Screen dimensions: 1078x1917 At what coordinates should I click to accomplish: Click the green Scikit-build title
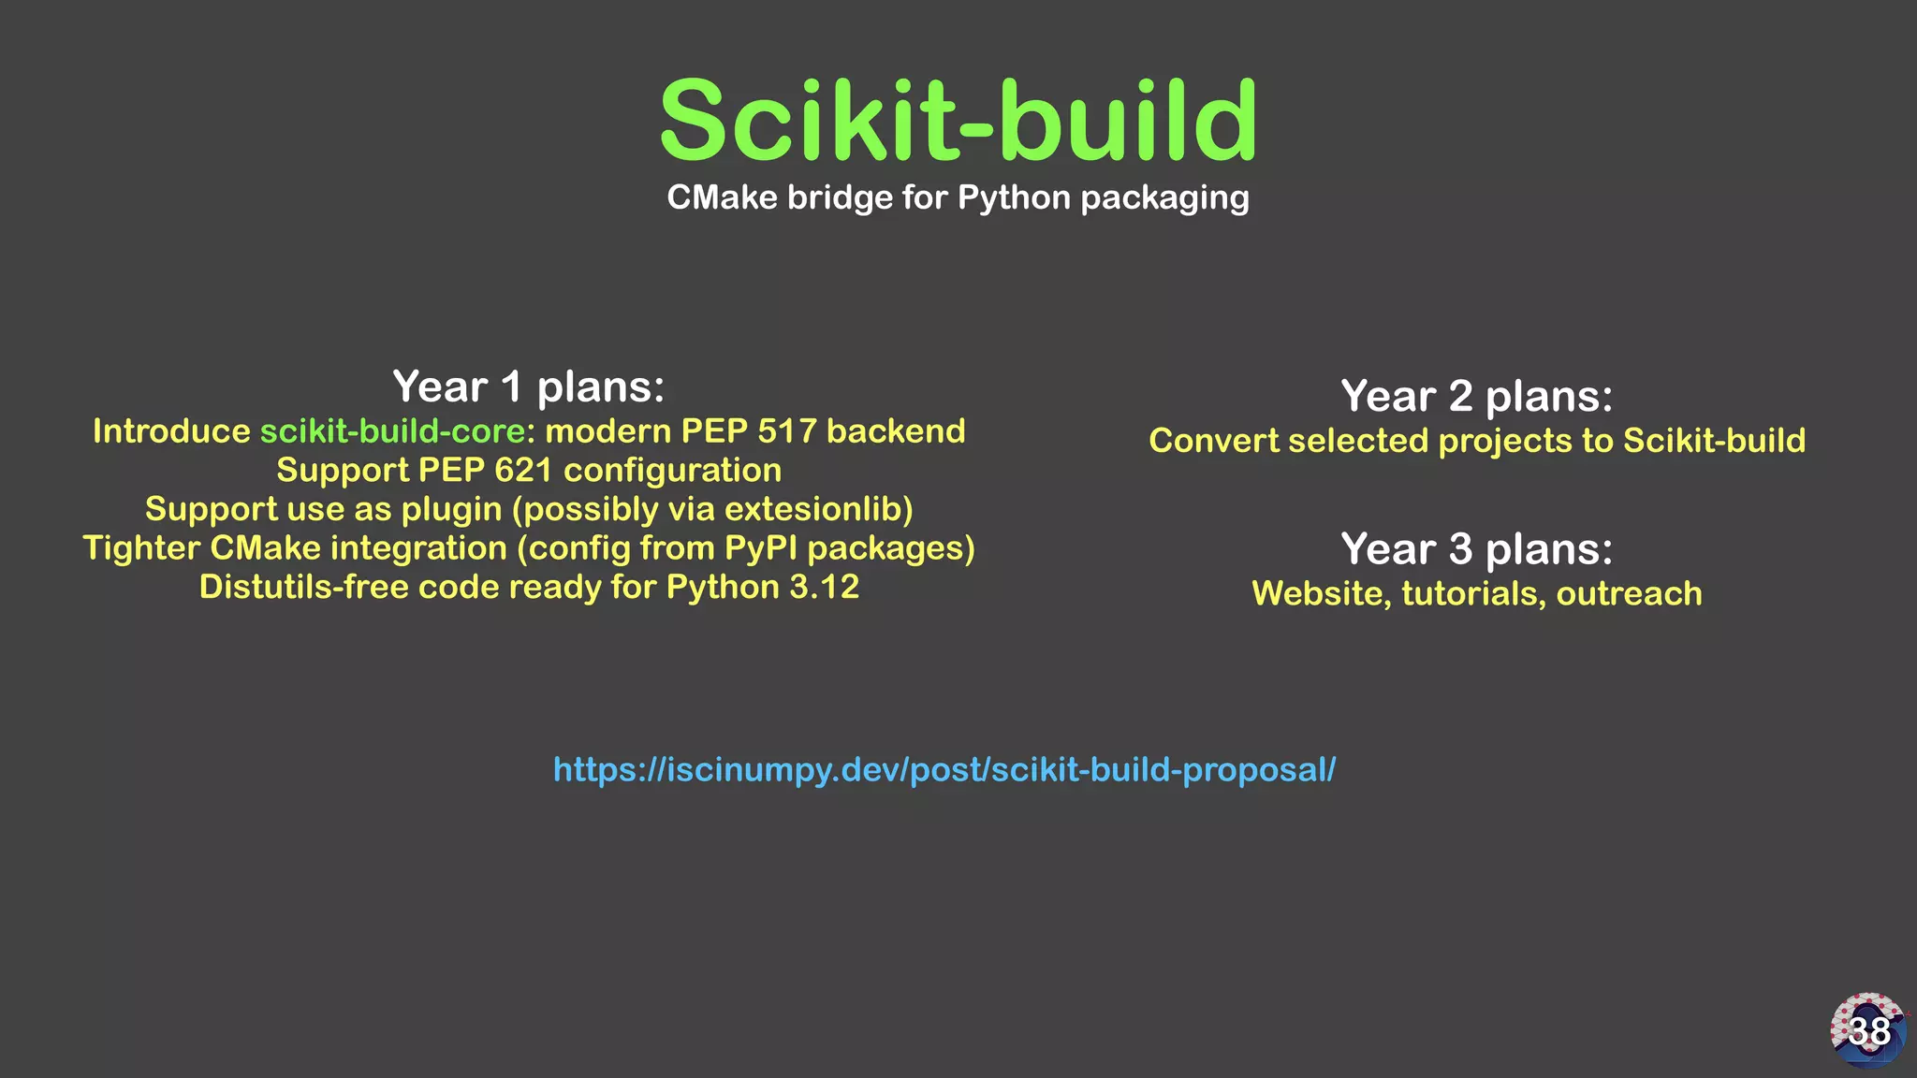tap(958, 122)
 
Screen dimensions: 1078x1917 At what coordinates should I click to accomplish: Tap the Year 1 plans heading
tap(529, 386)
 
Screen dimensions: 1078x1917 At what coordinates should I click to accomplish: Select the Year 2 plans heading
tap(1477, 396)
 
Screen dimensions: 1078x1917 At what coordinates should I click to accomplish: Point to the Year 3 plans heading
tap(1477, 548)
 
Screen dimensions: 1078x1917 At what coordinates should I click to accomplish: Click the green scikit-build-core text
tap(392, 431)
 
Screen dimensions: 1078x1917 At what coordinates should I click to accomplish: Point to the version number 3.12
tap(824, 588)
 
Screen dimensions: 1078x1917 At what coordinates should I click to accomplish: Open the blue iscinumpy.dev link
tap(944, 770)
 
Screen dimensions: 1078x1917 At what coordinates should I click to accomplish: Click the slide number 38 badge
tap(1868, 1030)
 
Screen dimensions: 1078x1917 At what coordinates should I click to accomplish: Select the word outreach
tap(1629, 594)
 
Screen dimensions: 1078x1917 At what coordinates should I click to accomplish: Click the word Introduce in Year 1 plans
tap(171, 431)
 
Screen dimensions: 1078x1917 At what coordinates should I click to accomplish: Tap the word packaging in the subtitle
tap(1164, 198)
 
